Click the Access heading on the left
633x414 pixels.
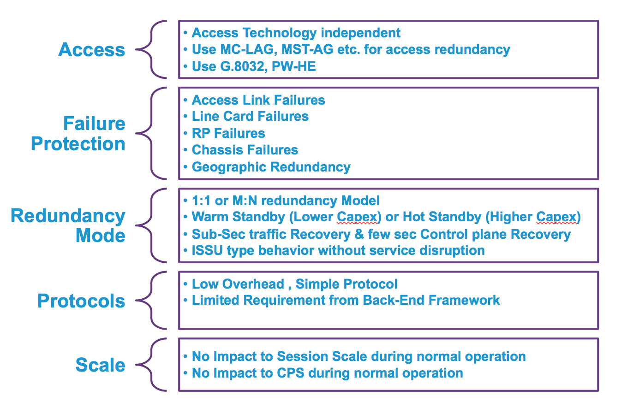(x=91, y=50)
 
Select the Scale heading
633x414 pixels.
(x=100, y=365)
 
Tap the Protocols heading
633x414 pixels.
(x=81, y=301)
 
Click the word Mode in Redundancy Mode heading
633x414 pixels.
(x=100, y=235)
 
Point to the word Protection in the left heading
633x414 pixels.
(x=78, y=144)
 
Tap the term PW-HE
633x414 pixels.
(x=293, y=67)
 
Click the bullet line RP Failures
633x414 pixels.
(x=228, y=133)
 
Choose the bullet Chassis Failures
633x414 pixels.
(x=245, y=150)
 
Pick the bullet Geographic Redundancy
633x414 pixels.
(x=271, y=167)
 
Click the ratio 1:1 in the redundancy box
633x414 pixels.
(x=201, y=201)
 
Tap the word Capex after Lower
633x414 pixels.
(x=357, y=217)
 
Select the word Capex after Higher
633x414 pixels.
(x=556, y=217)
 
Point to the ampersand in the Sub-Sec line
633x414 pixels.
(x=359, y=234)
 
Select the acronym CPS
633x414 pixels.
(x=291, y=373)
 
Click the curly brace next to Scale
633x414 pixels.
(x=151, y=365)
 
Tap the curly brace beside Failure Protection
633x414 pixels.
(x=151, y=133)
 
